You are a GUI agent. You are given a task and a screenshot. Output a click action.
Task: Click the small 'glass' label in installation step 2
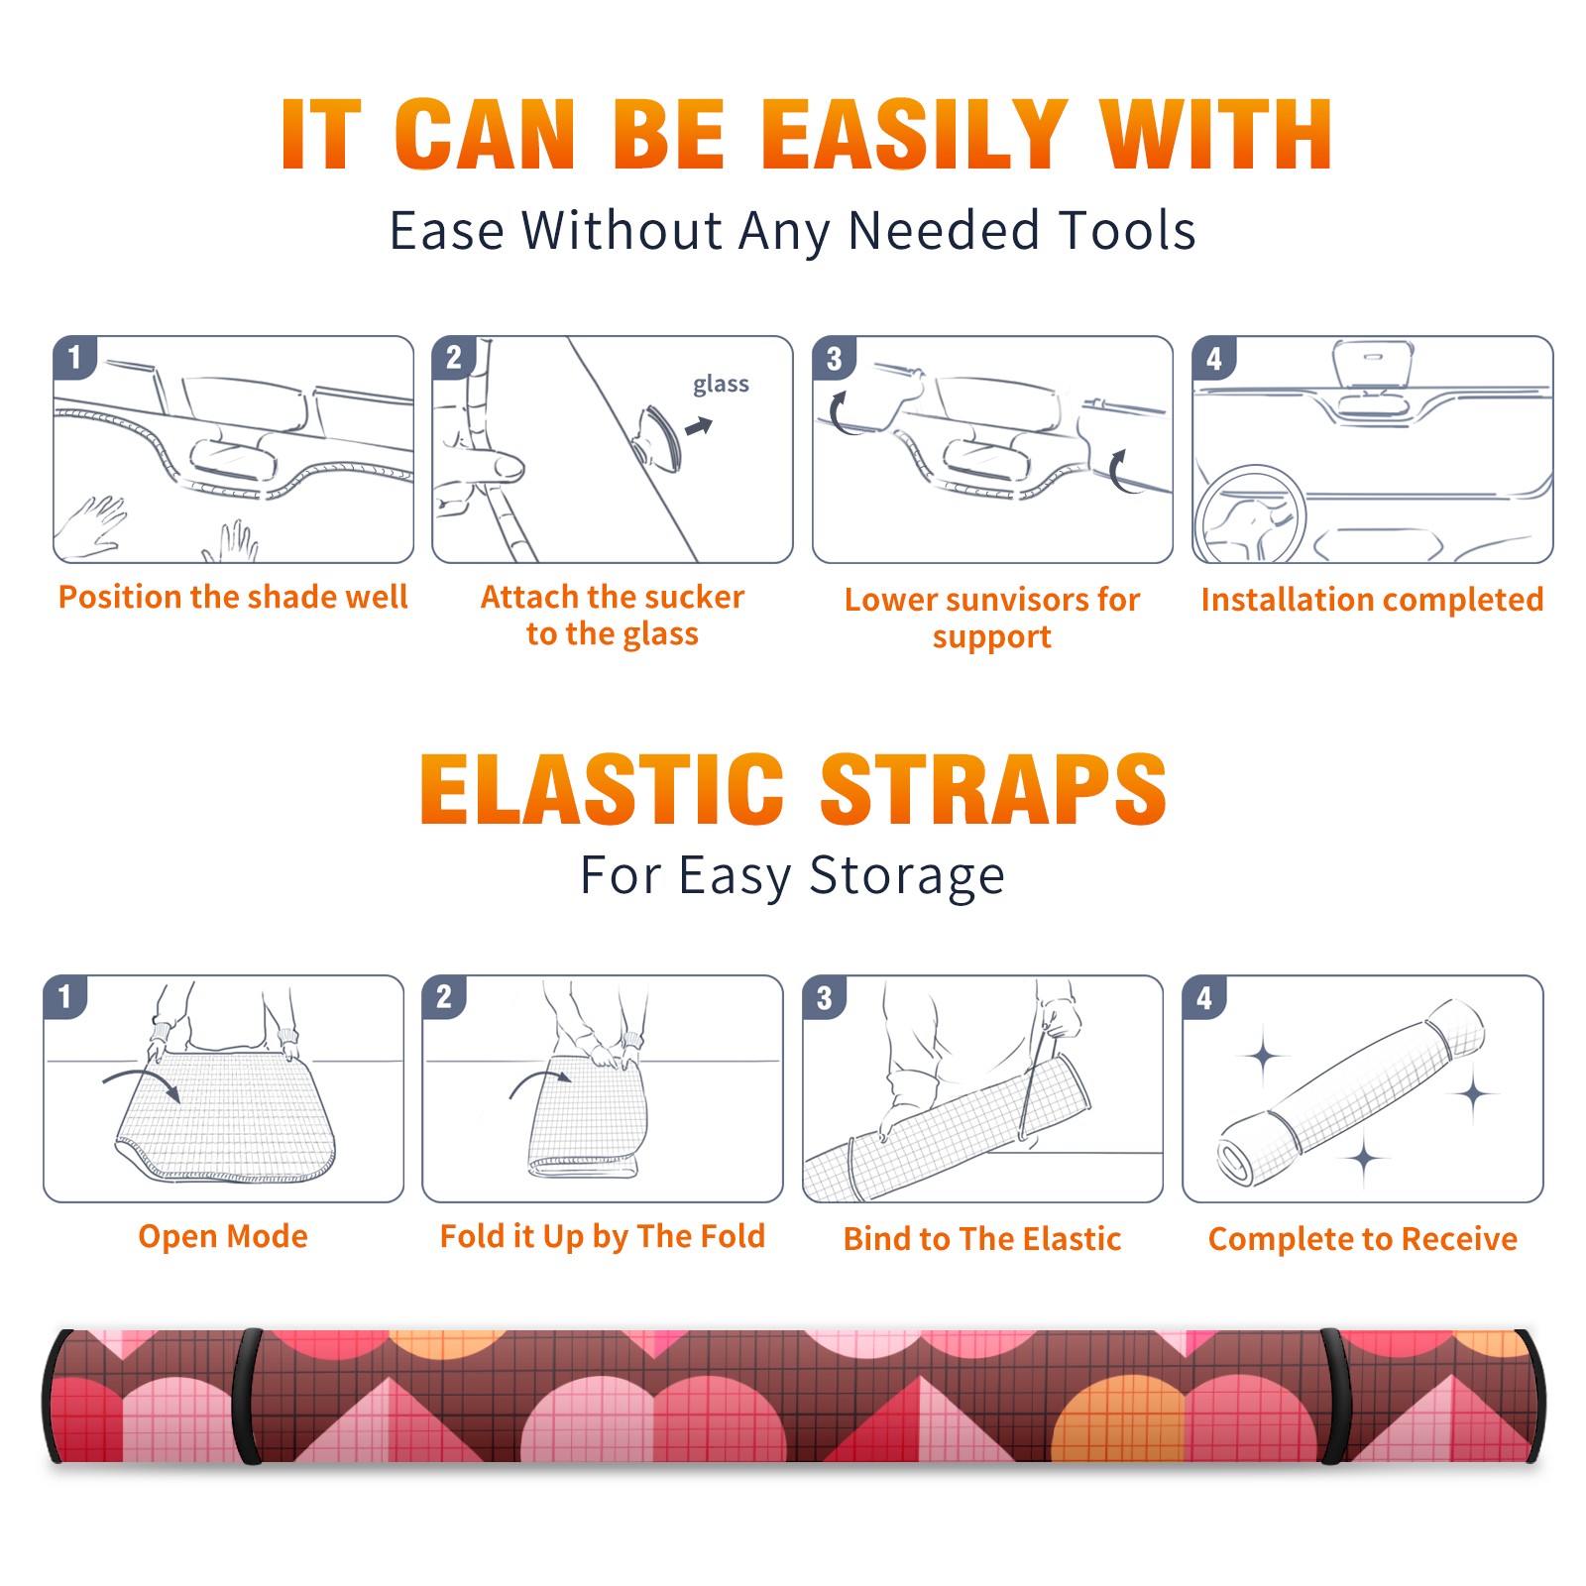pos(721,384)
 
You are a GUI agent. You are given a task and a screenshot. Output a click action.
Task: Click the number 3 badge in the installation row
pos(835,358)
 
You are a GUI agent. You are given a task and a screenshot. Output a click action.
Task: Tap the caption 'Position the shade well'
pos(233,597)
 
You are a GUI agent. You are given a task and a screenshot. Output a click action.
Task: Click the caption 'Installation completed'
pos(1372,600)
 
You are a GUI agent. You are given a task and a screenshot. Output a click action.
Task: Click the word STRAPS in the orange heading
pos(993,789)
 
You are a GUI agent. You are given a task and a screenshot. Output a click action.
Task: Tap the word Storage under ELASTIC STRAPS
pos(907,876)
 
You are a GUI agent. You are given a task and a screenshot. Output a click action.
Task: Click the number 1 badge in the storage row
pos(65,996)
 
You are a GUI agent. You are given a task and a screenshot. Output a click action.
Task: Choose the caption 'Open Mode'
pos(223,1236)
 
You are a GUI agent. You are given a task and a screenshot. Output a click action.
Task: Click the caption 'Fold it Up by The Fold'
pos(603,1236)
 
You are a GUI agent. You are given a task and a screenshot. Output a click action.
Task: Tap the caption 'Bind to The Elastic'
pos(981,1239)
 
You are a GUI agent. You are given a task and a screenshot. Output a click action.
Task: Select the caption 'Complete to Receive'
pos(1363,1239)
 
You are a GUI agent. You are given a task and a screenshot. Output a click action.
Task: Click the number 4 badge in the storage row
pos(1204,996)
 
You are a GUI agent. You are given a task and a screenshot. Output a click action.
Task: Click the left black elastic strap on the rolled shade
pos(248,1396)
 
